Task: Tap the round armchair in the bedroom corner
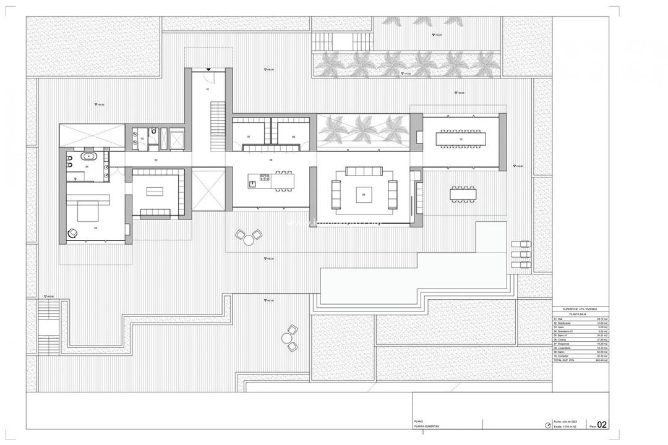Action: tap(72, 233)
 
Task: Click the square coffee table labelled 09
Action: tap(363, 196)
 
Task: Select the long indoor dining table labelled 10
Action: tap(461, 140)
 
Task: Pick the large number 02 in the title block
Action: tap(602, 425)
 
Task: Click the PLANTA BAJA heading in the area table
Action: tap(580, 314)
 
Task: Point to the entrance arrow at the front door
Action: tap(209, 70)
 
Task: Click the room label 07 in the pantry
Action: tap(248, 136)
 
